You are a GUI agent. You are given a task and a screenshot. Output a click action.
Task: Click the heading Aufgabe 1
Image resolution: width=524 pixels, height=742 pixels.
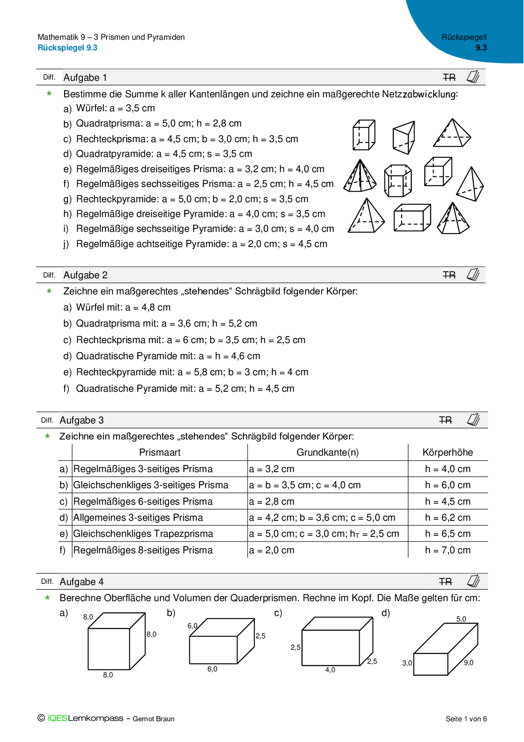85,77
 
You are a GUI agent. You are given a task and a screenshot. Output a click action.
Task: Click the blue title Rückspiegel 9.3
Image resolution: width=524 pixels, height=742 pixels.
68,48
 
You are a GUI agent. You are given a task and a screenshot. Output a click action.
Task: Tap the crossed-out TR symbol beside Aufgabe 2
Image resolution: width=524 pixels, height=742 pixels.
449,275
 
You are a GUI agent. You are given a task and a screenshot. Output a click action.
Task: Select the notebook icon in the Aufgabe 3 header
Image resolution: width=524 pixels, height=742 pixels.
473,420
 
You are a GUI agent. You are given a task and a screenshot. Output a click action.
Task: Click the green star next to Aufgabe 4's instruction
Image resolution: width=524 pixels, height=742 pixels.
48,597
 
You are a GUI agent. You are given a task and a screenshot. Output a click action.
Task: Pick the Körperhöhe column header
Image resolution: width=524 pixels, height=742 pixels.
448,453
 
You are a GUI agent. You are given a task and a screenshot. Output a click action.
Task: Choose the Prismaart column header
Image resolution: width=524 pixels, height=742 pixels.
160,453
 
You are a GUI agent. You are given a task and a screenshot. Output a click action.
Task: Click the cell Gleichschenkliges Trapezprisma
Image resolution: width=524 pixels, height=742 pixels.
143,534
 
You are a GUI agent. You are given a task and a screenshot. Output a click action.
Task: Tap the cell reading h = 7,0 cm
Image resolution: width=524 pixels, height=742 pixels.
448,550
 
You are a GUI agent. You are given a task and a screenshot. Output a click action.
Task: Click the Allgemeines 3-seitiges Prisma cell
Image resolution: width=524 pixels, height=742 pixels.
138,518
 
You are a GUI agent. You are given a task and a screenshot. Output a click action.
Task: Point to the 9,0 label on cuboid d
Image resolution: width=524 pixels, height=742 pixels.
469,663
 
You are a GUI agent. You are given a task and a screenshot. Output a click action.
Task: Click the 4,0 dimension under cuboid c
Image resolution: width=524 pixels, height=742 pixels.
330,670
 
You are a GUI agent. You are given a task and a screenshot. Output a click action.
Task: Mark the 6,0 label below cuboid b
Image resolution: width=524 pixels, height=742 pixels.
212,669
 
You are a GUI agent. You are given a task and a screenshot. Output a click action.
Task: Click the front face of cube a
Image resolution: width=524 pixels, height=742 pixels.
109,649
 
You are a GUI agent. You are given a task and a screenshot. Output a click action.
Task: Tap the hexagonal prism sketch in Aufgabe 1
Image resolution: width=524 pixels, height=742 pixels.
398,181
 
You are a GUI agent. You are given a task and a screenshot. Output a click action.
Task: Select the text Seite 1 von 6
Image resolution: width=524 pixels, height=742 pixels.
466,719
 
